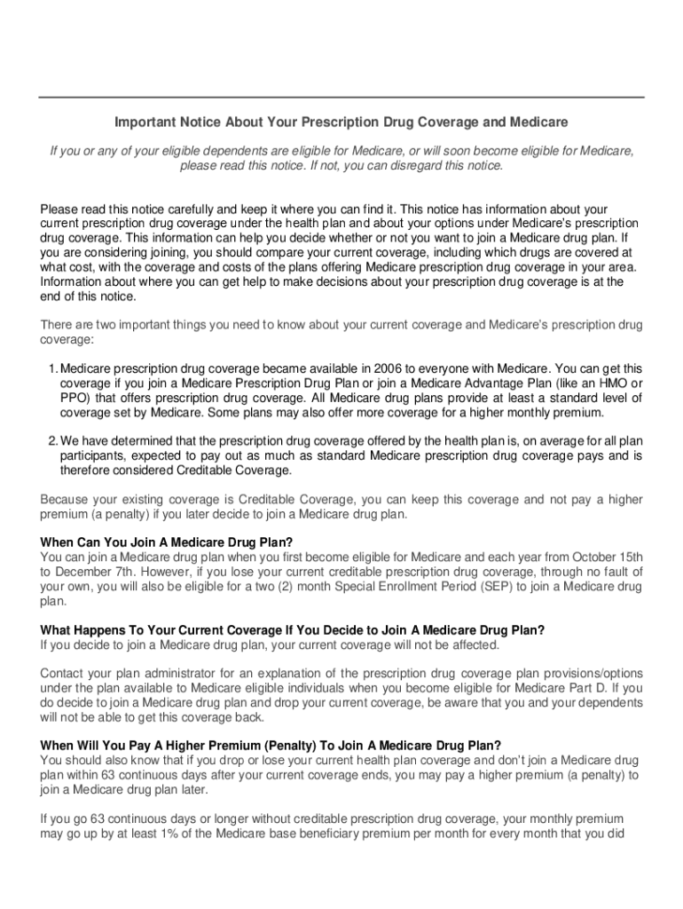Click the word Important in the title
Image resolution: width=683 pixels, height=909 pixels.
pyautogui.click(x=140, y=122)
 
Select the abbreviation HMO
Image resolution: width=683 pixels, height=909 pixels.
pyautogui.click(x=609, y=383)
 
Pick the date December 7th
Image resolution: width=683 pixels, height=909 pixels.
pyautogui.click(x=98, y=572)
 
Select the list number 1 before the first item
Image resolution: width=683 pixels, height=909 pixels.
pyautogui.click(x=51, y=368)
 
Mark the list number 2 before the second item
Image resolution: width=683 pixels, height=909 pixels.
pyautogui.click(x=51, y=441)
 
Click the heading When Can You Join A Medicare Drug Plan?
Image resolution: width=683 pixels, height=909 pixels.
pyautogui.click(x=167, y=541)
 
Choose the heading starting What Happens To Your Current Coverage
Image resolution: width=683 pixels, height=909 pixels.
pyautogui.click(x=293, y=630)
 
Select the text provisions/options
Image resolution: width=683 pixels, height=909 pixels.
pyautogui.click(x=586, y=673)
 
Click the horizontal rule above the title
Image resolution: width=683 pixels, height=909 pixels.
pyautogui.click(x=341, y=97)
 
